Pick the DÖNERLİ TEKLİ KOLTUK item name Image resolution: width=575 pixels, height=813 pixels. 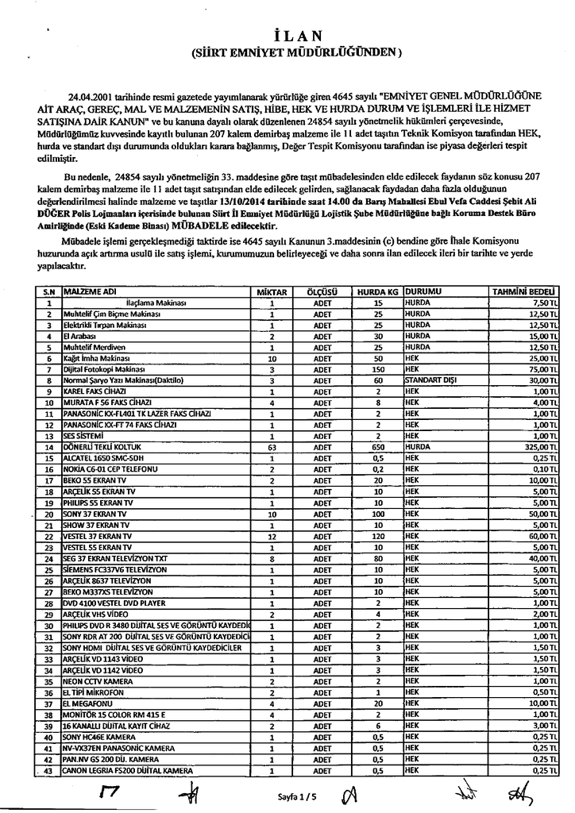point(96,448)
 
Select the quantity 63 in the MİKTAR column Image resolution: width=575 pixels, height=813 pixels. point(272,448)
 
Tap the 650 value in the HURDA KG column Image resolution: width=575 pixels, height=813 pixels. point(378,448)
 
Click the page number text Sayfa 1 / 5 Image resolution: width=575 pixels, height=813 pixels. point(295,794)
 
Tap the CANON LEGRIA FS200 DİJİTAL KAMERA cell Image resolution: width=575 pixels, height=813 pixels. point(128,770)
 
